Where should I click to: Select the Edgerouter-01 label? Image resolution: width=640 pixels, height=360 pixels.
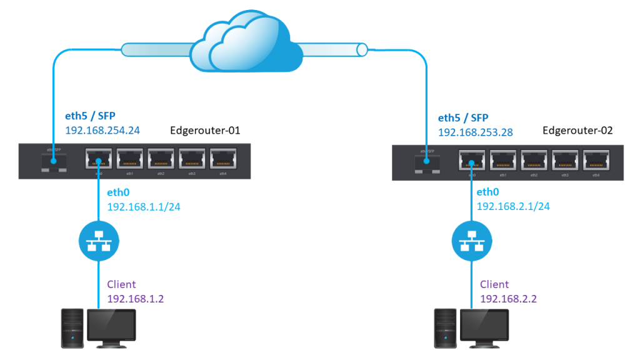(x=205, y=131)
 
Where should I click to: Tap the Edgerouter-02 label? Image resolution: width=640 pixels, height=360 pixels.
(x=578, y=131)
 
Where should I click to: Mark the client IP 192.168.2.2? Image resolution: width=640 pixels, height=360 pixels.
(x=508, y=299)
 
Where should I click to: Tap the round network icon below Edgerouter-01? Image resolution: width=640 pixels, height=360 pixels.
(x=97, y=241)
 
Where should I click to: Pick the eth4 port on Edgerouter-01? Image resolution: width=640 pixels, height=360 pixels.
(x=222, y=159)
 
